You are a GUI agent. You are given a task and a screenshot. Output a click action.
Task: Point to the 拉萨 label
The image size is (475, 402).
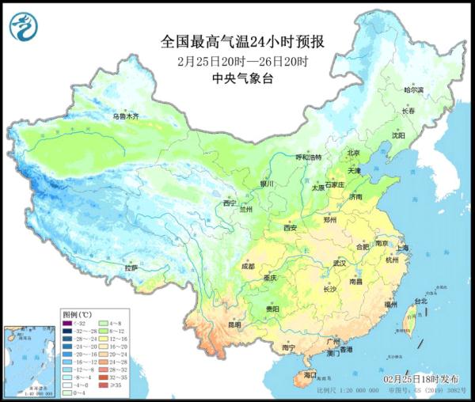(x=131, y=268)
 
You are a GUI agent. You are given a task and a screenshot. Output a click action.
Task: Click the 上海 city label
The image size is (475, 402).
(x=402, y=248)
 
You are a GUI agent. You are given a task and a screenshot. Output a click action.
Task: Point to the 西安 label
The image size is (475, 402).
(x=290, y=228)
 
